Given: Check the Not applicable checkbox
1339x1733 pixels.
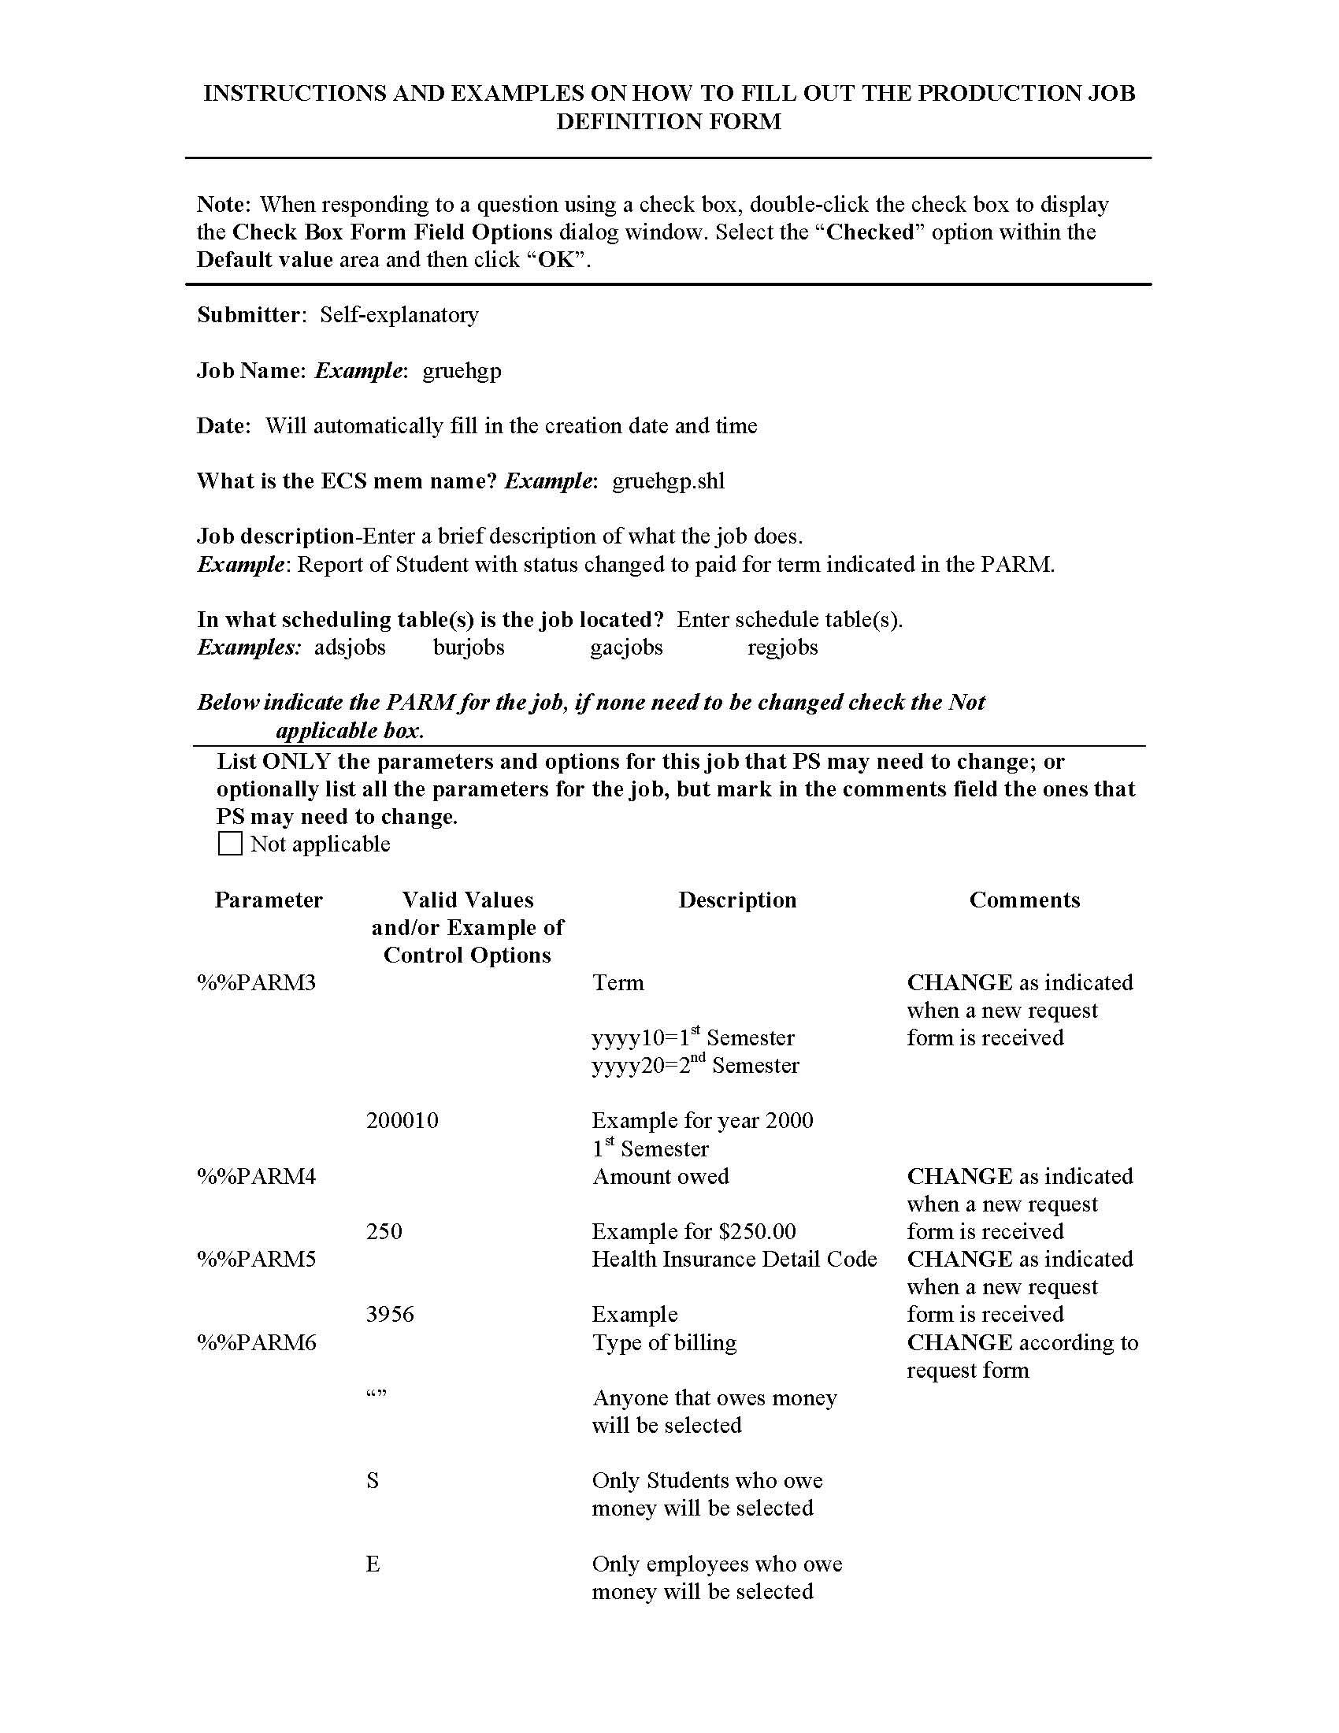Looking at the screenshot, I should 230,843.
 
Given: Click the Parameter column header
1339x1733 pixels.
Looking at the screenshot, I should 268,900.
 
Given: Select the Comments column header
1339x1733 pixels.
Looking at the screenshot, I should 1024,900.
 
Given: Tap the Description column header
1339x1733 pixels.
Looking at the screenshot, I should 737,900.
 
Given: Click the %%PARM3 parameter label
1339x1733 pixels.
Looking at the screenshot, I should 256,983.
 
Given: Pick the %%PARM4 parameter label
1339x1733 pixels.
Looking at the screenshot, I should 256,1177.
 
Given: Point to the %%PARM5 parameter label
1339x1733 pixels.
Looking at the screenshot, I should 256,1260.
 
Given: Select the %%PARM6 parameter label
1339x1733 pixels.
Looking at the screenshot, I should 256,1342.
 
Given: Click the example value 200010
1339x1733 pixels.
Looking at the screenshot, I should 402,1121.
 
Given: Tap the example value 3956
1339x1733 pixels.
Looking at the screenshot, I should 390,1315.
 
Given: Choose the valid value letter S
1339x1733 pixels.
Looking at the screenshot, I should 373,1481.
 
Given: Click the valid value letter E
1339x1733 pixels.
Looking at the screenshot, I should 373,1564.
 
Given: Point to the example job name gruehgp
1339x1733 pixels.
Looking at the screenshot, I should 462,371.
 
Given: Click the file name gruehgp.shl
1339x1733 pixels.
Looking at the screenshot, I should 668,481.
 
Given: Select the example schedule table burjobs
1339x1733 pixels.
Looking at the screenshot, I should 469,648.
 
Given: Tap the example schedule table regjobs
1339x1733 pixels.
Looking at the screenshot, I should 782,648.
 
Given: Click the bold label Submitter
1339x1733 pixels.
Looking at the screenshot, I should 248,315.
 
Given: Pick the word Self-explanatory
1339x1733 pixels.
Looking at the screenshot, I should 399,315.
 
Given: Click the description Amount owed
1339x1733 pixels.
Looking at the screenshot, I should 661,1177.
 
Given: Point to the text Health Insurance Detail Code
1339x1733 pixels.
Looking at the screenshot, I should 735,1260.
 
